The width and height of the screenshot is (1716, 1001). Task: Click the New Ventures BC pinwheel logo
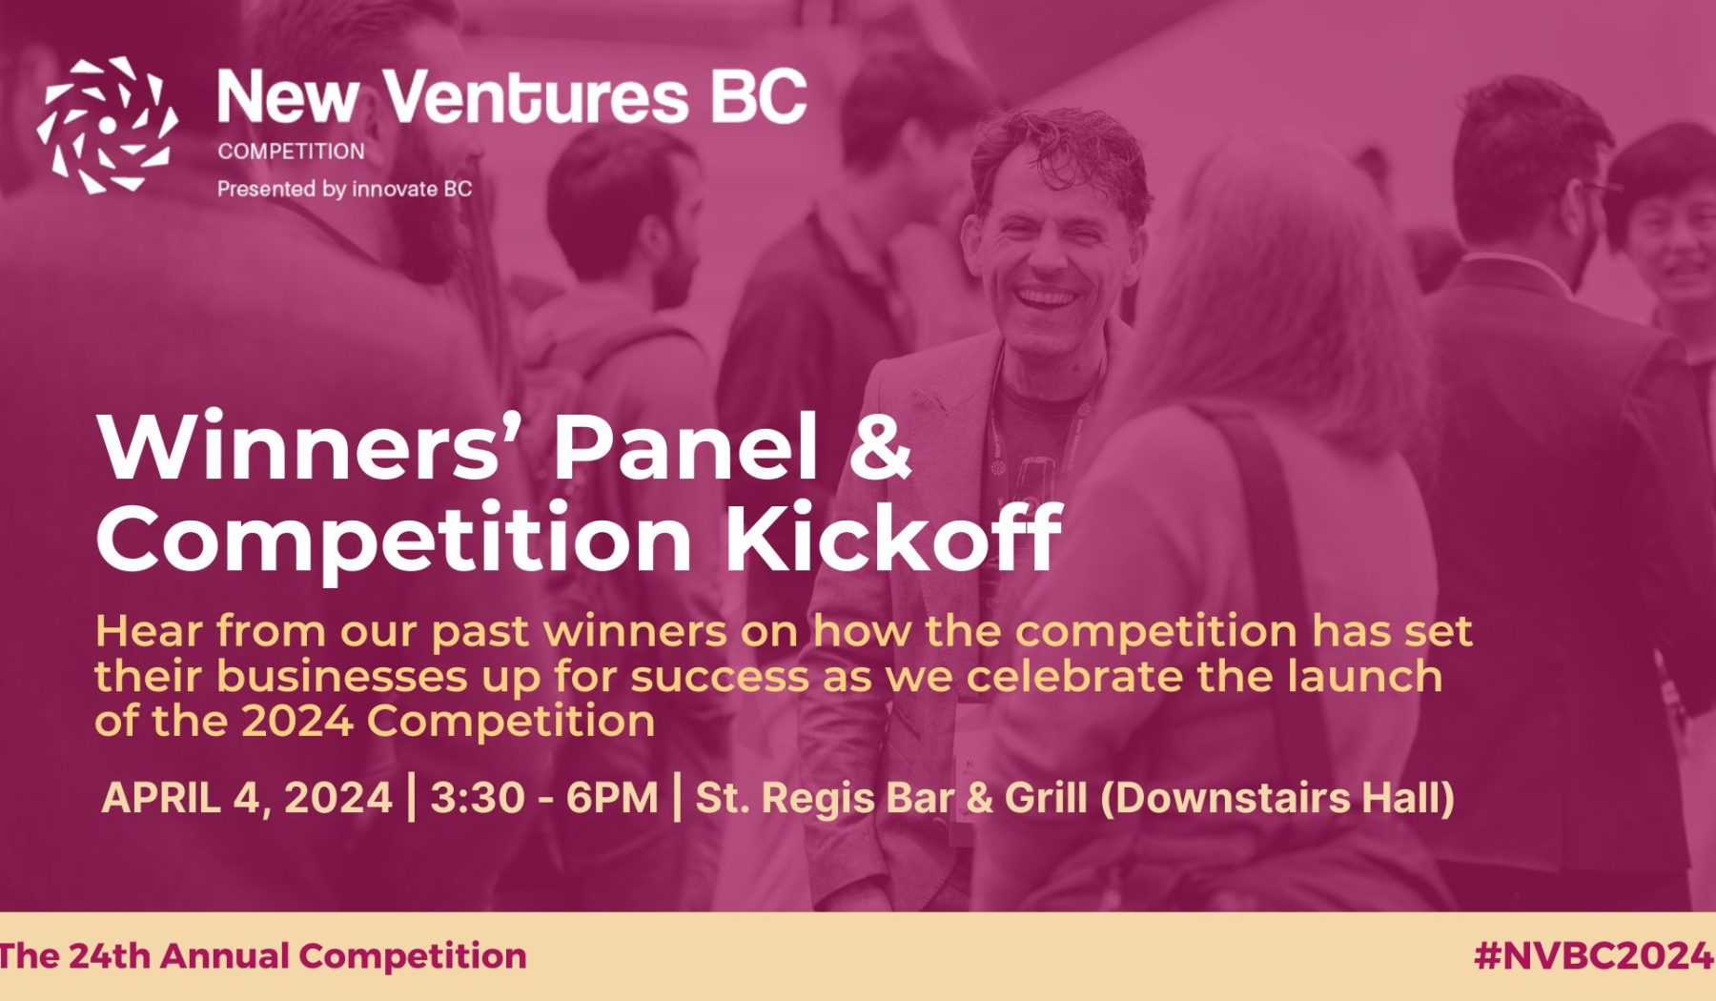(107, 125)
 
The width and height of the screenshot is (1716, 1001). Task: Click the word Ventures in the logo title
(537, 97)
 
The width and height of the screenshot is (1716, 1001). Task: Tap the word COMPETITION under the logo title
(291, 151)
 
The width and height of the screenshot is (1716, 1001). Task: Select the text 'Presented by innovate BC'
(344, 189)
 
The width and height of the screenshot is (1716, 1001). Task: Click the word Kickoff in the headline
(893, 536)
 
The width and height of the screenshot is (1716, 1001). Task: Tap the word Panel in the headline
(685, 445)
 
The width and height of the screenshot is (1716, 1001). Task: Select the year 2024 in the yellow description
(296, 721)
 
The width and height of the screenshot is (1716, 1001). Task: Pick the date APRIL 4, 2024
(247, 797)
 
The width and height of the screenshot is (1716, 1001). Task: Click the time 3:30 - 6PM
(544, 797)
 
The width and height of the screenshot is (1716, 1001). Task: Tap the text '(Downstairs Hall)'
(1277, 798)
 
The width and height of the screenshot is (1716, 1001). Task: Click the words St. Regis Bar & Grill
(891, 798)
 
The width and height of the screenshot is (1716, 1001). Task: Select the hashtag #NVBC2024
(1593, 955)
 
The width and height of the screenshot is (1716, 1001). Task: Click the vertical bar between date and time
(411, 797)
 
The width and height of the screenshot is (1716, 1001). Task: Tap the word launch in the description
(1365, 677)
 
